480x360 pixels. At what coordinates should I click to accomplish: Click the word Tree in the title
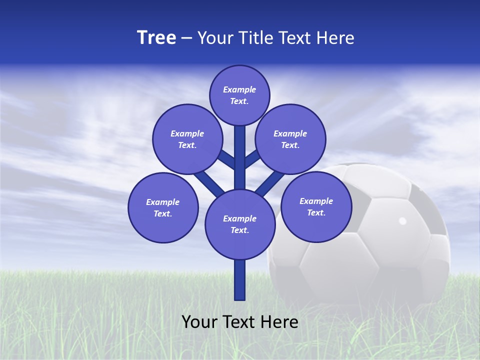pos(156,38)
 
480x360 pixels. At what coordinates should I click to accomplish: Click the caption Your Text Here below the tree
pos(240,322)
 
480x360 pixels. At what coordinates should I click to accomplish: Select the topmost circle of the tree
pos(239,95)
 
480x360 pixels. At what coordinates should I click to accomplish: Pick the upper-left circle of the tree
pos(187,139)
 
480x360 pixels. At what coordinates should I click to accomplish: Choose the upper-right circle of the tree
pos(290,139)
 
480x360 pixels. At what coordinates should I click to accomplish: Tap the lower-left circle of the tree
pos(163,207)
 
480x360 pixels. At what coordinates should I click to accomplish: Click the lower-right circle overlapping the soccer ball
pos(316,206)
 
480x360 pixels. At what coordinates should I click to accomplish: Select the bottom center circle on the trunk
pos(240,224)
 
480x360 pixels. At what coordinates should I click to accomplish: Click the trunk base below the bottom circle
pos(240,280)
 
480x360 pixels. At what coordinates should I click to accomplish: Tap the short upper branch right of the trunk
pos(251,158)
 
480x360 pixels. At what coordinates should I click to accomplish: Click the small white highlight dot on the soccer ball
pos(402,220)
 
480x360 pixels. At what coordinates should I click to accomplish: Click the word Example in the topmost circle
pos(239,89)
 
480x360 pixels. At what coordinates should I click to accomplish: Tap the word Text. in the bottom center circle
pos(239,230)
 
